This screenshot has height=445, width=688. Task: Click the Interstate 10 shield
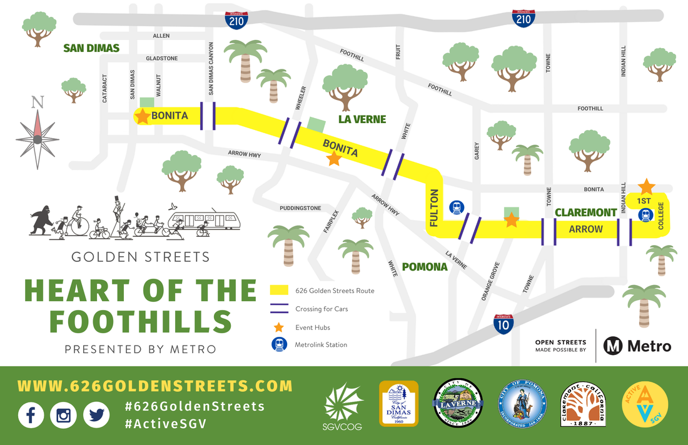point(503,324)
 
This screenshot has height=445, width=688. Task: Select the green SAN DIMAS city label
point(91,48)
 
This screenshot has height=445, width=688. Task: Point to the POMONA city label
point(425,267)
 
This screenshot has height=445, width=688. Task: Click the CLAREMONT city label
point(586,212)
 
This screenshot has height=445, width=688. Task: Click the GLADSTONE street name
point(161,58)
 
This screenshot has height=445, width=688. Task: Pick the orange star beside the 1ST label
point(646,187)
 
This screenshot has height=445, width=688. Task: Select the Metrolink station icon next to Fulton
point(456,207)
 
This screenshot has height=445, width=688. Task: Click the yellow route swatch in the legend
point(278,291)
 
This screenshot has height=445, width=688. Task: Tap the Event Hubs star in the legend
point(278,327)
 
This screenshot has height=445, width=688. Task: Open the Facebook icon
point(31,414)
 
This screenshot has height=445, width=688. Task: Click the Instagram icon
point(63,414)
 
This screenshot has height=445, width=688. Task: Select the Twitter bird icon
point(95,414)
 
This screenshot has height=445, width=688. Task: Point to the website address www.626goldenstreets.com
point(154,386)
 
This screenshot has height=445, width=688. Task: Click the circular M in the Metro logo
point(612,346)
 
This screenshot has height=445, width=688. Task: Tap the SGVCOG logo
point(343,405)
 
